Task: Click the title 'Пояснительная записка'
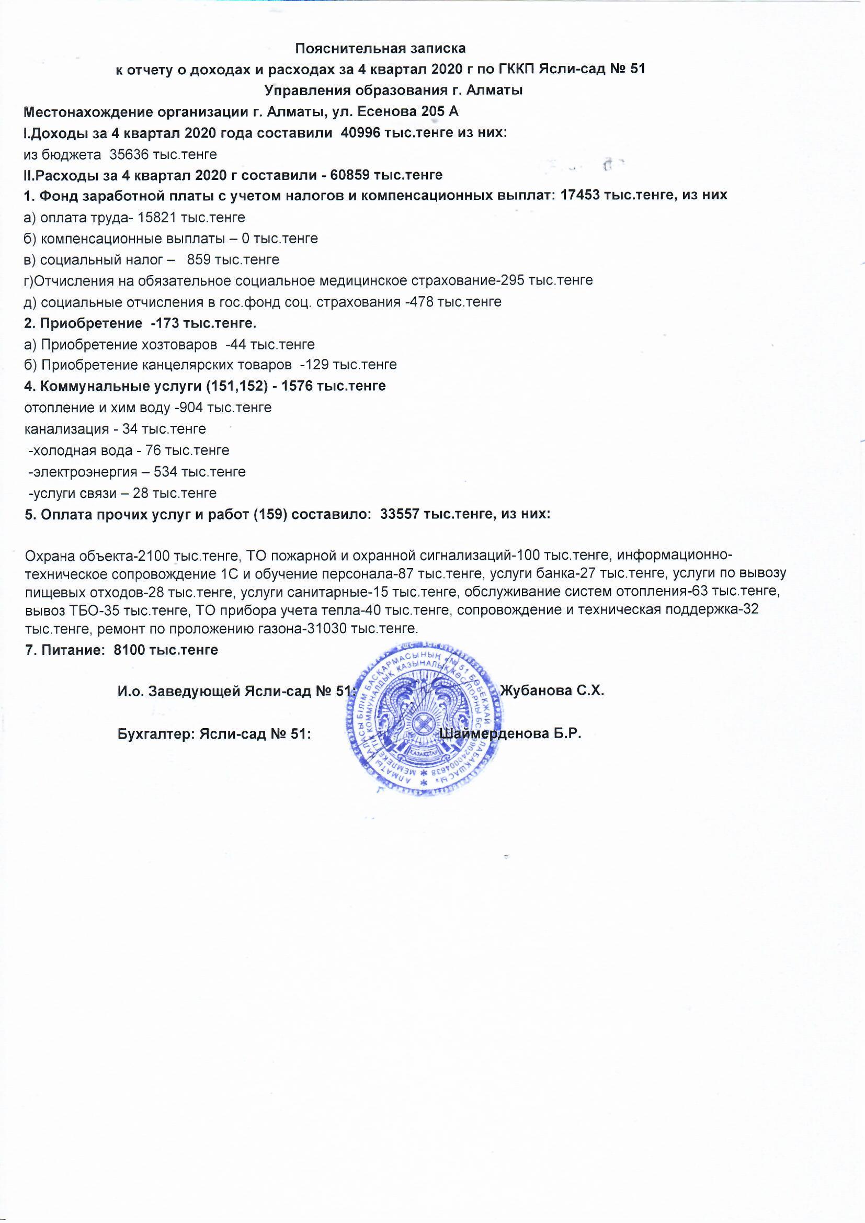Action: click(380, 49)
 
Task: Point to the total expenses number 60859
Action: click(350, 175)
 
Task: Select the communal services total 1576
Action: click(297, 386)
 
